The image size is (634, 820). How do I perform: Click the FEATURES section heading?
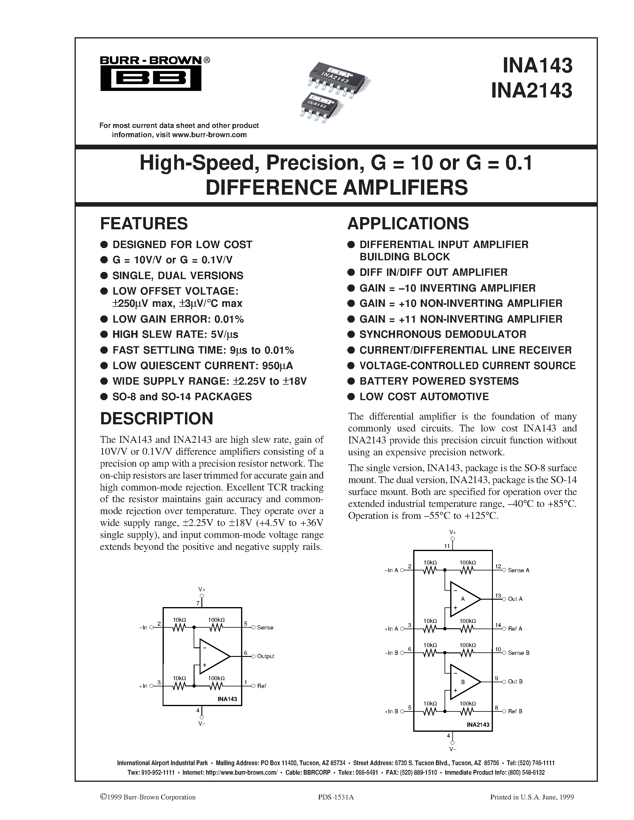(x=144, y=224)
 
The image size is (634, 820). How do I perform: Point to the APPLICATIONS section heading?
(x=408, y=224)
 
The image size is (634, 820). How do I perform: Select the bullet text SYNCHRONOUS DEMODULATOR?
(x=443, y=334)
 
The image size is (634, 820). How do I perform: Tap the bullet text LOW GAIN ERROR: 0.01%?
(x=178, y=319)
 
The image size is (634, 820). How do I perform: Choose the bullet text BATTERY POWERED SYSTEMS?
(x=439, y=381)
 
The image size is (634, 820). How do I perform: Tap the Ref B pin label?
(x=515, y=711)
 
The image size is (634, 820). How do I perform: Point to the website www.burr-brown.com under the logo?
(x=209, y=135)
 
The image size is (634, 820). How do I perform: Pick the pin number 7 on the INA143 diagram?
(x=198, y=603)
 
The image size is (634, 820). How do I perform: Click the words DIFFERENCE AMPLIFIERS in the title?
(x=337, y=188)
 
